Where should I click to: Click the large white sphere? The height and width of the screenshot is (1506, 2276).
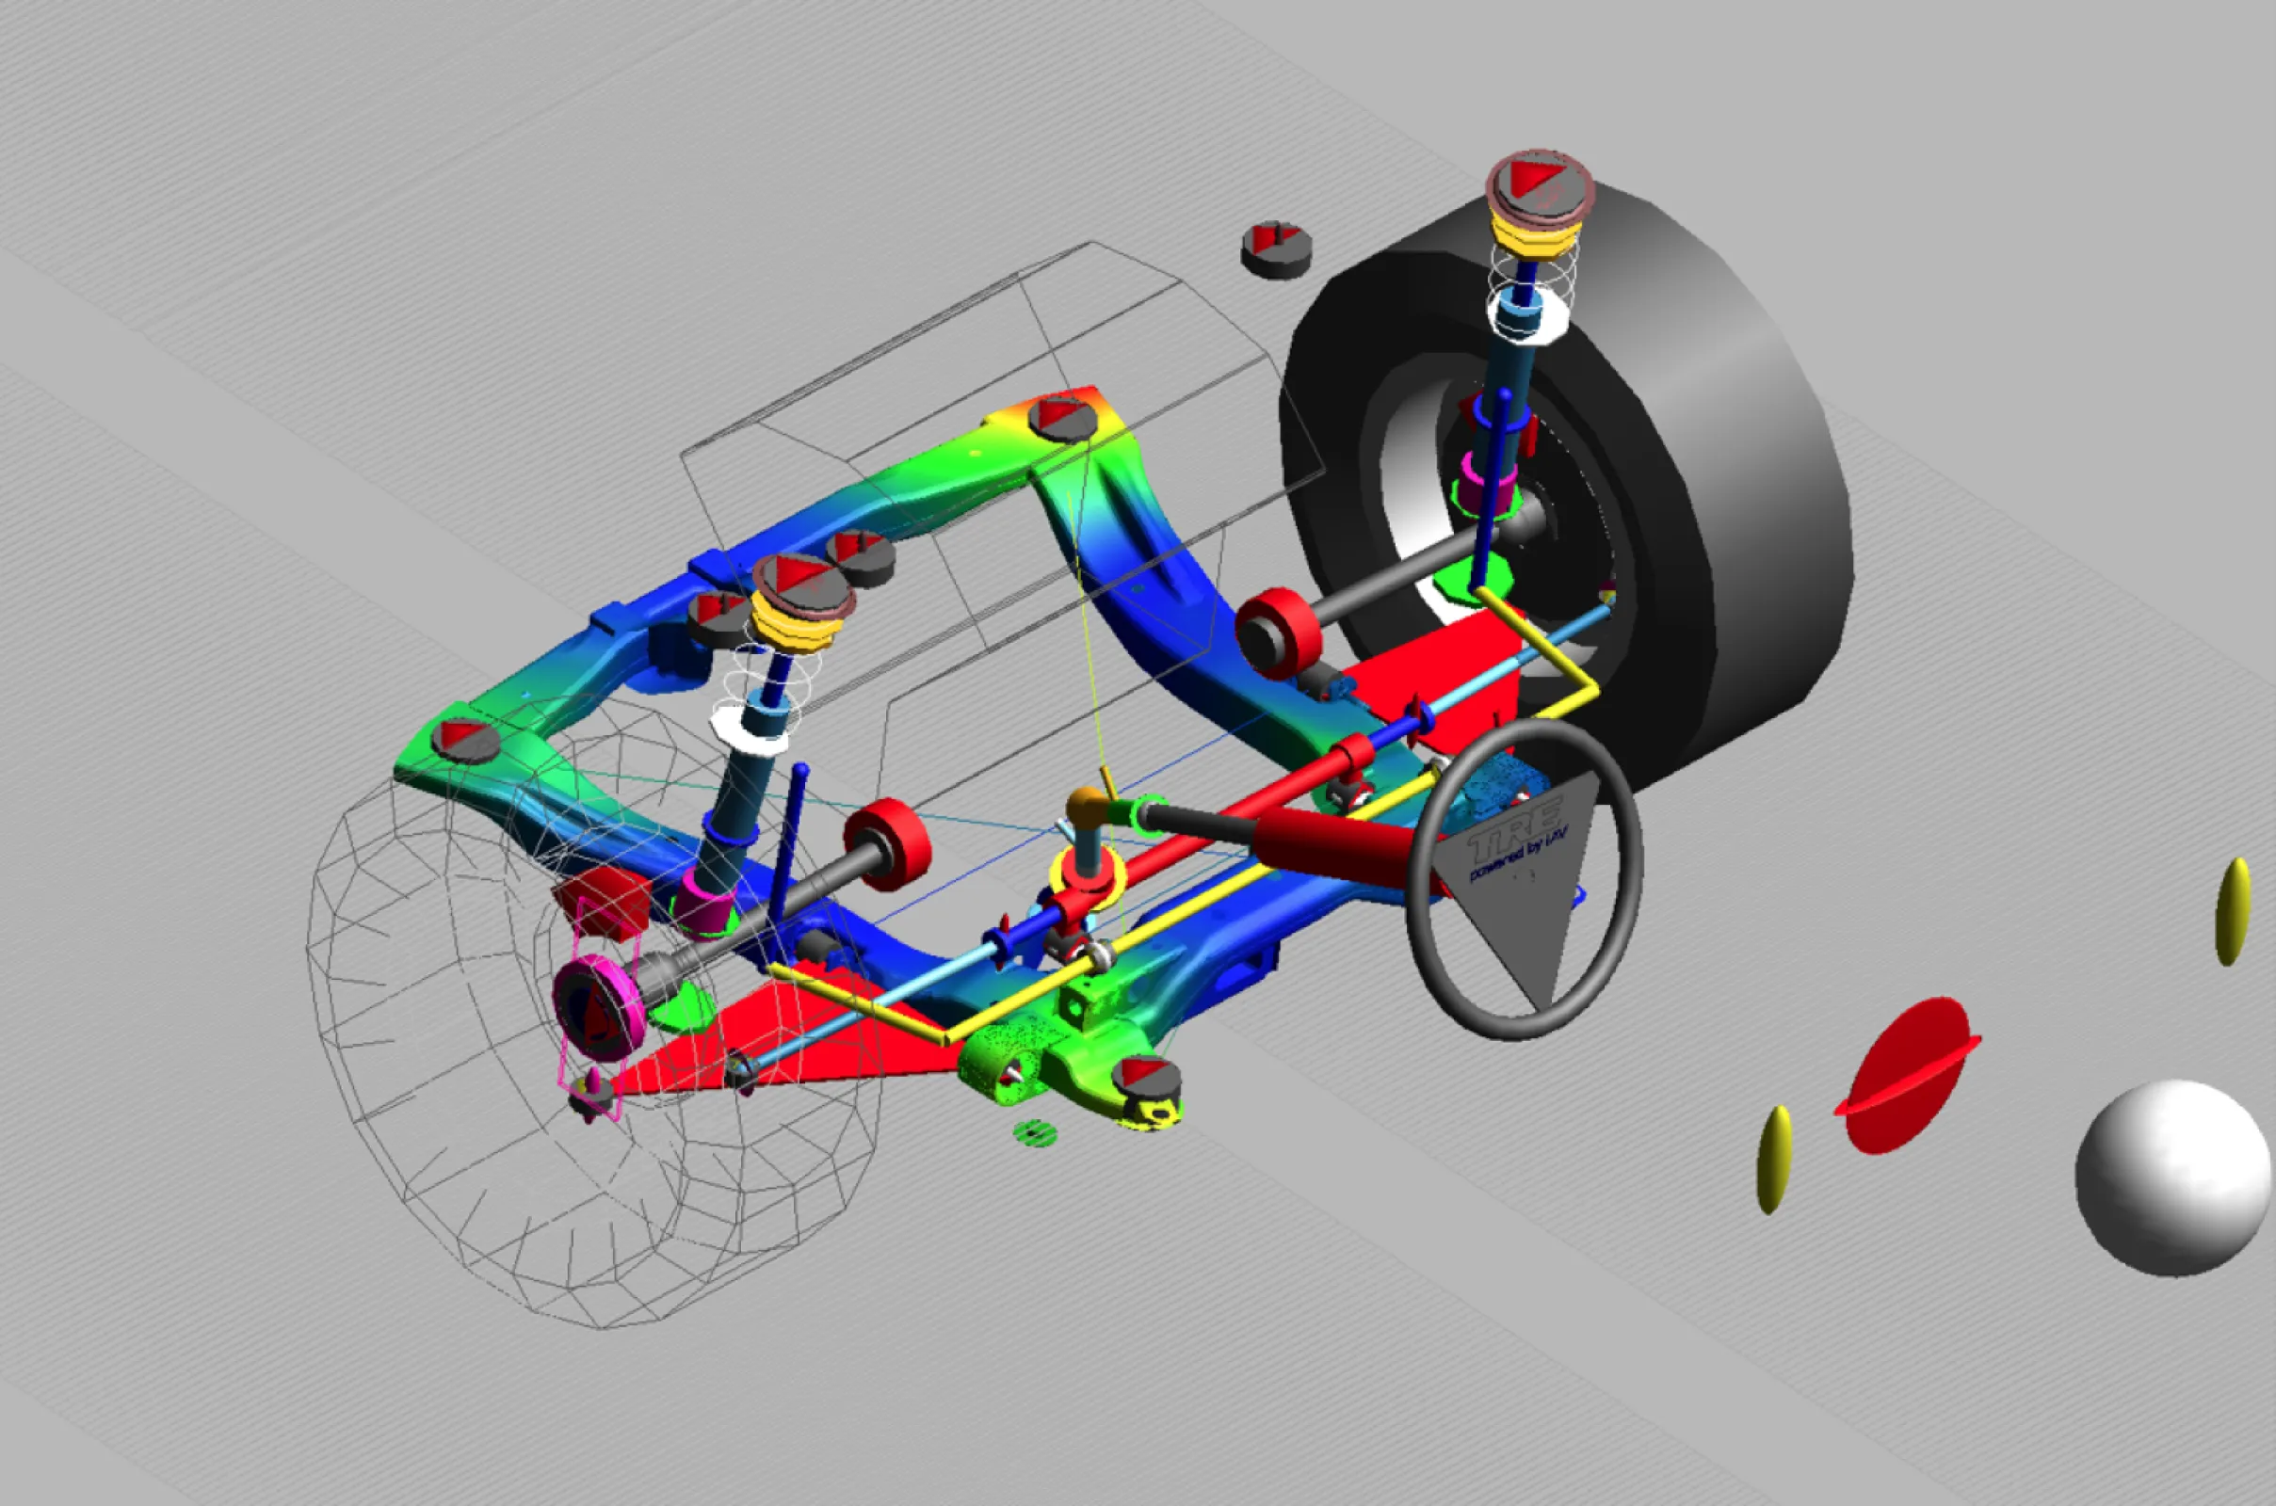(2173, 1178)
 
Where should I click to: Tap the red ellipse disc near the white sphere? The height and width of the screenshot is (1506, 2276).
(1906, 1075)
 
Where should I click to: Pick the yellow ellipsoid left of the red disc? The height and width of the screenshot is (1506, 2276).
(1773, 1160)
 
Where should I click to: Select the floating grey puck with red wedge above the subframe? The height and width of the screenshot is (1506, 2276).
(1276, 249)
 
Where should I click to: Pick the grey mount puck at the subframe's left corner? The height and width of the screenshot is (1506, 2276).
(466, 740)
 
